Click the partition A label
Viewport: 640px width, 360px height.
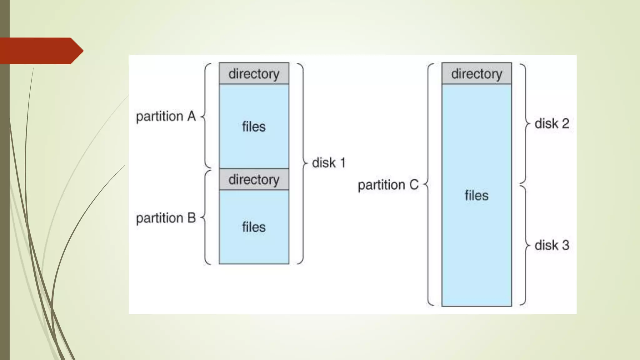point(166,117)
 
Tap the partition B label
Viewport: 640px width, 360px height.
point(166,218)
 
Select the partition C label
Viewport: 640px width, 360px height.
point(388,185)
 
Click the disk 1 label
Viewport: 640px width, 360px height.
point(328,163)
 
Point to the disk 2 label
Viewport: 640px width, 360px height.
point(552,123)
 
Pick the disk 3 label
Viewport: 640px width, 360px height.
point(552,245)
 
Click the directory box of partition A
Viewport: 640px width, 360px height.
point(254,74)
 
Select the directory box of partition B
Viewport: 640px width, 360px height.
point(254,179)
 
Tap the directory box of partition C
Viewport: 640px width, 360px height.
point(477,74)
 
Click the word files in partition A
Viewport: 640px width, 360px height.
point(254,127)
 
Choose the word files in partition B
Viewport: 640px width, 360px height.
point(254,227)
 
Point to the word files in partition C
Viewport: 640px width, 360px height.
point(477,196)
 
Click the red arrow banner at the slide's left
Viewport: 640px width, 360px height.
point(41,51)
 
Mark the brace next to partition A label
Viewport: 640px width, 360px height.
point(205,116)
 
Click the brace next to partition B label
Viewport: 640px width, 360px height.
point(205,217)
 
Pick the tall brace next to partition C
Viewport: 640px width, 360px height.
point(428,185)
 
